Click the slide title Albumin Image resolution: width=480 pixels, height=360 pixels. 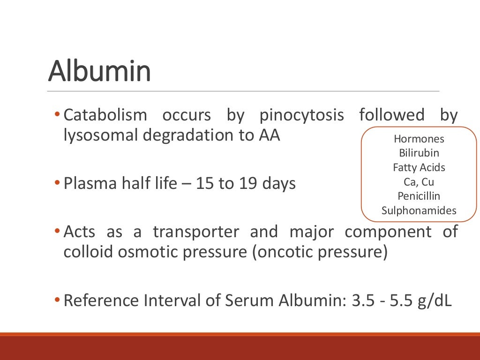click(x=99, y=71)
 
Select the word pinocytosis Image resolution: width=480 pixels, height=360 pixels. click(x=301, y=115)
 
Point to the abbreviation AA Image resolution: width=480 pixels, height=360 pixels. click(x=269, y=135)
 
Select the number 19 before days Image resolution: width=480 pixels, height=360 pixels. click(x=251, y=183)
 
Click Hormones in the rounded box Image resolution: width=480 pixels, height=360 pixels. click(x=419, y=139)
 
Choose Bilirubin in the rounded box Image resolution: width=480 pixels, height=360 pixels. click(x=419, y=153)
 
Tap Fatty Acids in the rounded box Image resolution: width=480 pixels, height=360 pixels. click(x=419, y=167)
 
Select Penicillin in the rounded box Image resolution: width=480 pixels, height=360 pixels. click(x=419, y=196)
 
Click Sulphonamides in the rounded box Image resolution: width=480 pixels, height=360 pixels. click(x=419, y=210)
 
